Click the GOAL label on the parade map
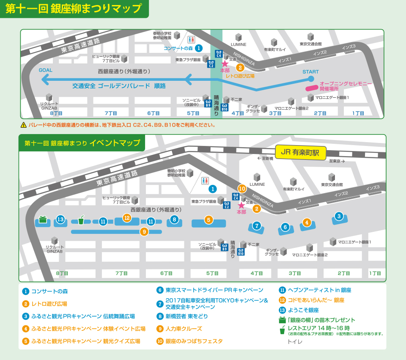coord(46,70)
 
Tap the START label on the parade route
coord(310,71)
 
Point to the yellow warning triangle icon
coord(24,125)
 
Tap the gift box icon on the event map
coord(42,219)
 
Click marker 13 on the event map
coord(60,219)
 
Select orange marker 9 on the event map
coord(144,231)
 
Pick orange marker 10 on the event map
coord(242,189)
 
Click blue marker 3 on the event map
coord(338,216)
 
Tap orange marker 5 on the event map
coord(208,220)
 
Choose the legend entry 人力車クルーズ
coord(184,328)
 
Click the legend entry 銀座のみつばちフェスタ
coord(194,341)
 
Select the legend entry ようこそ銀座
coord(303,310)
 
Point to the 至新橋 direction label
coord(265,159)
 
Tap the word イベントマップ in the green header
coord(115,143)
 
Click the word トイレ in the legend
coord(295,341)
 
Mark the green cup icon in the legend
coord(282,330)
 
